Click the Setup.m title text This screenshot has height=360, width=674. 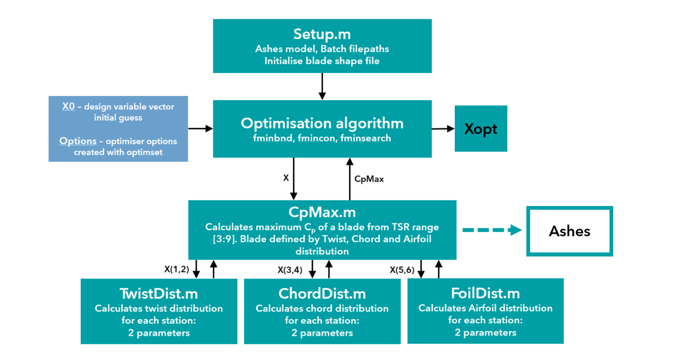coord(322,34)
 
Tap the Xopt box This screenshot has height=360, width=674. coord(481,129)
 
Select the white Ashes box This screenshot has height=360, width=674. coord(569,231)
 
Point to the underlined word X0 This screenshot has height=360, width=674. coord(69,106)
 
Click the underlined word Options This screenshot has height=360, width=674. coord(78,141)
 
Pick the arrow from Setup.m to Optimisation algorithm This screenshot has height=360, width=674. coord(322,86)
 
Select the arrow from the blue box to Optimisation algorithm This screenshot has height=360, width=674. coord(200,129)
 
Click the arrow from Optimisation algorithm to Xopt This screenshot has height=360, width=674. coord(443,129)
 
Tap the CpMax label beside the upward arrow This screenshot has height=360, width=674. coord(369,179)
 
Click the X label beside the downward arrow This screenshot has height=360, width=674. coord(286,178)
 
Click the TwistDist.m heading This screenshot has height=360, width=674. coord(159,293)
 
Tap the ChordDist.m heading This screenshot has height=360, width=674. coord(322,293)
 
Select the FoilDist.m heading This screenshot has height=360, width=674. coord(485,293)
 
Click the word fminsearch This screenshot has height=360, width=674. coord(365,138)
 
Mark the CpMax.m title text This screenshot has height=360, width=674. coord(322,212)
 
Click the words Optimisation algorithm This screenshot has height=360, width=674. coord(322,123)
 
